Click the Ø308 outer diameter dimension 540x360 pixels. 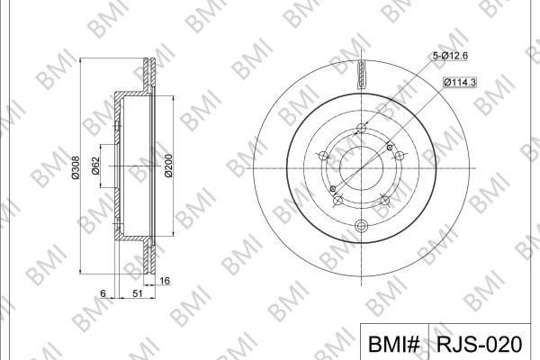click(76, 167)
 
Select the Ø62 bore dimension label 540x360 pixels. click(95, 166)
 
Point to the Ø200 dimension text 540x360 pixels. click(168, 166)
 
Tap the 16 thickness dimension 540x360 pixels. click(165, 281)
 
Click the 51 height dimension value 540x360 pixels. click(138, 293)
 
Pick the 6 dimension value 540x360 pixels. click(103, 293)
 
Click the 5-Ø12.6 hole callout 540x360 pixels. click(450, 55)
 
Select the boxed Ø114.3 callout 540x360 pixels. click(460, 82)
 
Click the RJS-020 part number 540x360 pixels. click(480, 344)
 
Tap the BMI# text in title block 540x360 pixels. click(394, 344)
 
